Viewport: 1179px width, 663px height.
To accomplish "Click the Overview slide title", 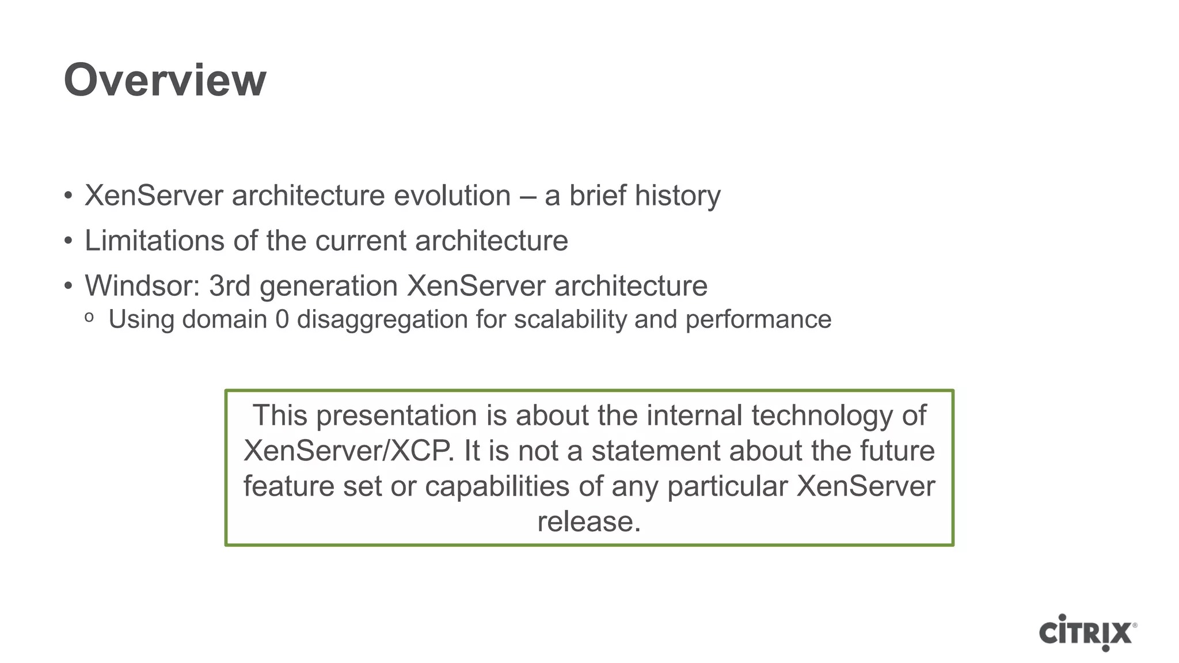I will tap(165, 80).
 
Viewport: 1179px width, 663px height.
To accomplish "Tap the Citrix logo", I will tap(1087, 633).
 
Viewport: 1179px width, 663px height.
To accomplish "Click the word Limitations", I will tap(154, 241).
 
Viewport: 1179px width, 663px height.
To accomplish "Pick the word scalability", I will tap(570, 320).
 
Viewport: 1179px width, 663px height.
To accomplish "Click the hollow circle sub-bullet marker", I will tap(89, 317).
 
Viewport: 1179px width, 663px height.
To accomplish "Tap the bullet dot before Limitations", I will tap(69, 241).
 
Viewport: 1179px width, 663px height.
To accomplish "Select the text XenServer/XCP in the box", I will tap(348, 451).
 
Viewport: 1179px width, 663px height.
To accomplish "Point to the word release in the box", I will tap(588, 521).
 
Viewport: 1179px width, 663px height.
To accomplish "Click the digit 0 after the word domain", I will tap(282, 320).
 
